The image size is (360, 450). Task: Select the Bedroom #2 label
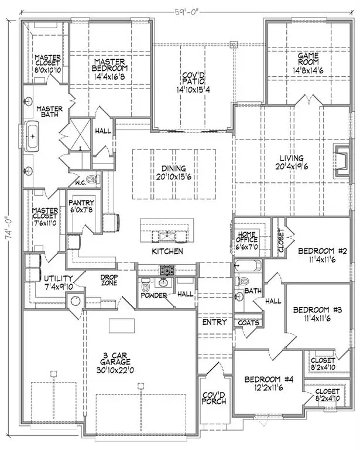click(x=323, y=251)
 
